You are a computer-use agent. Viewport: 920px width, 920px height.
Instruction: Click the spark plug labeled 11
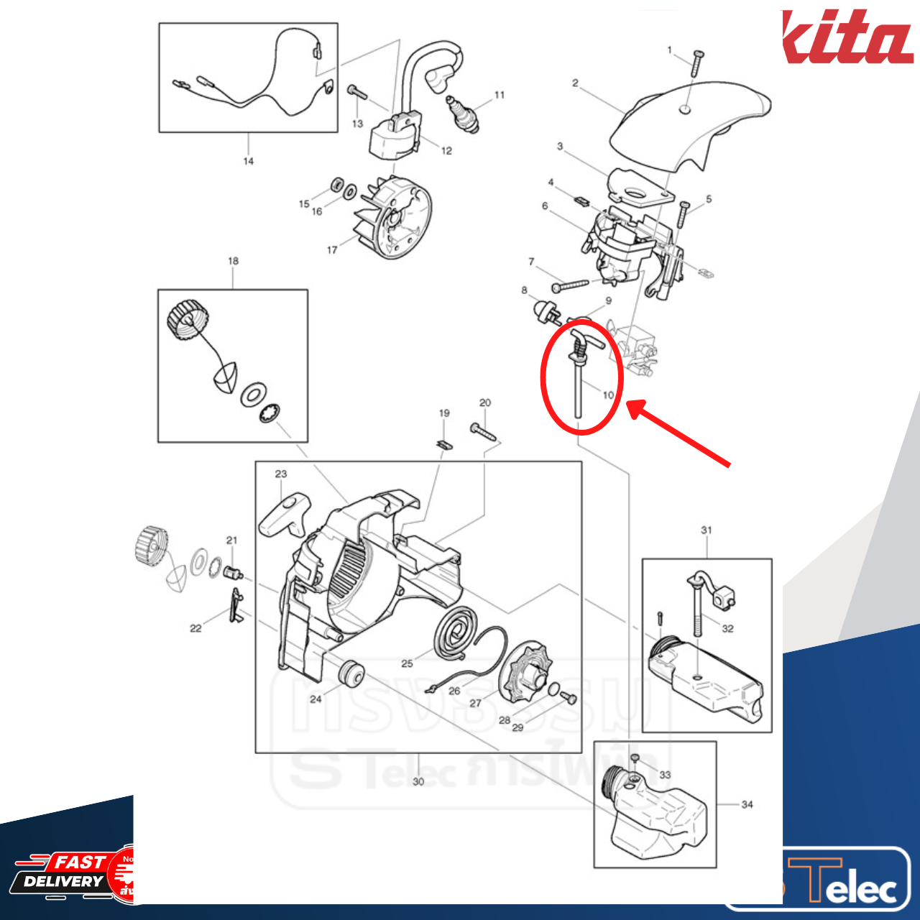pyautogui.click(x=461, y=114)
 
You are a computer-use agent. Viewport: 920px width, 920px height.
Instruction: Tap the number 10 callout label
pyautogui.click(x=608, y=395)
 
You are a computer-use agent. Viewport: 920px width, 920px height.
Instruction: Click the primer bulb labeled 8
pyautogui.click(x=544, y=312)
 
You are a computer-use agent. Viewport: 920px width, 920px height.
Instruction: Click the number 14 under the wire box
pyautogui.click(x=248, y=161)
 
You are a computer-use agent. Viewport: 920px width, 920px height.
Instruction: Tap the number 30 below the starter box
pyautogui.click(x=418, y=781)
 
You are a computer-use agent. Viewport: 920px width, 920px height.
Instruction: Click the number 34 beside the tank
pyautogui.click(x=747, y=804)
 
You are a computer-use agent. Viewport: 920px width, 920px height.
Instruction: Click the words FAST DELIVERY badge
pyautogui.click(x=65, y=871)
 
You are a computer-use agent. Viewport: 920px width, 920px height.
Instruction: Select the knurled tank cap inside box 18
pyautogui.click(x=188, y=321)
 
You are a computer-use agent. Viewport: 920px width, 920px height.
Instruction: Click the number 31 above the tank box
pyautogui.click(x=706, y=530)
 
